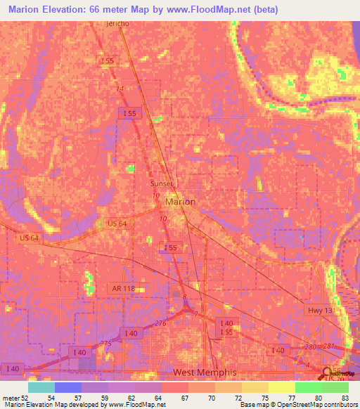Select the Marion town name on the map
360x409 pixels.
[x=180, y=202]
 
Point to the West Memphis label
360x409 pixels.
[x=206, y=372]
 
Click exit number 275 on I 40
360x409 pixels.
[x=106, y=342]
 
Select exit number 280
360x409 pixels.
[x=311, y=346]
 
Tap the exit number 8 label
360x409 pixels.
[x=184, y=299]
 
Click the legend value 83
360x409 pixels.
[x=344, y=397]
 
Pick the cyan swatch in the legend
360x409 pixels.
[x=41, y=387]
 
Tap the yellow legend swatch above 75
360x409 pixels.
[x=255, y=387]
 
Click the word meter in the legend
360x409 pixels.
[x=11, y=397]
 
